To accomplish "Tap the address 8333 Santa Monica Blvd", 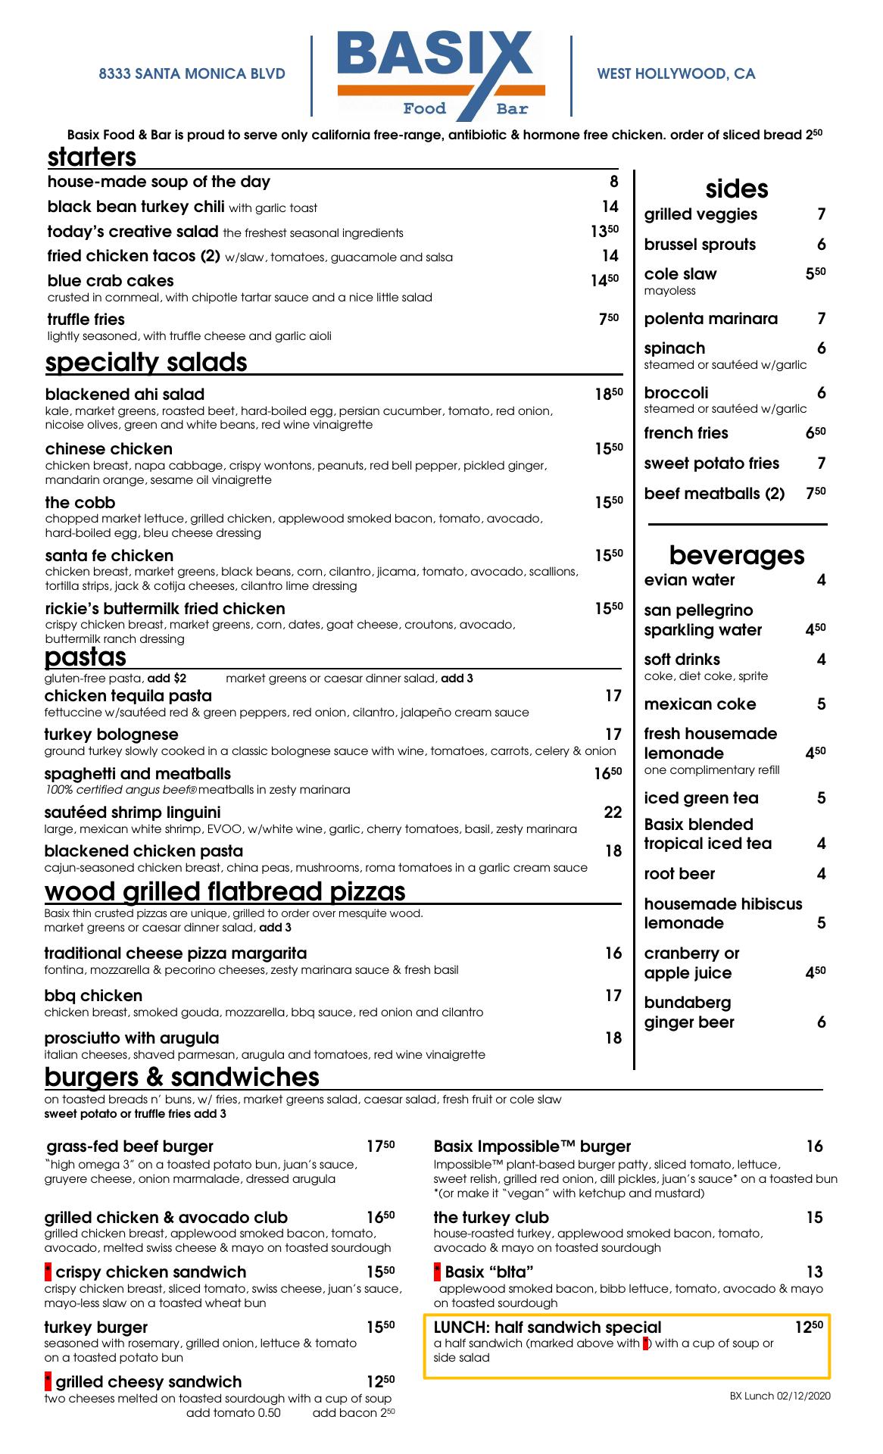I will click(192, 73).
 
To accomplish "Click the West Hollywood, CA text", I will click(676, 73).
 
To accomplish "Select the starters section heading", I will click(92, 157).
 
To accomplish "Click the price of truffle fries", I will click(608, 320).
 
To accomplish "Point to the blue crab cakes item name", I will click(111, 281).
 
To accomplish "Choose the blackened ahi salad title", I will click(125, 395).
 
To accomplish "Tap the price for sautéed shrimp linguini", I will click(613, 813).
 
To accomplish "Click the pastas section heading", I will click(86, 656).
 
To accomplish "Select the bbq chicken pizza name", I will click(93, 996).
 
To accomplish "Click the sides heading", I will click(736, 189).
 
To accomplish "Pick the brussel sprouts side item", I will click(700, 245).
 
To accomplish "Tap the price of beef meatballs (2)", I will click(816, 493).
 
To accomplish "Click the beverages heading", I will click(736, 555).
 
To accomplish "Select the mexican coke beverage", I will click(700, 704).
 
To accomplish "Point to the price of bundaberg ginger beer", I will click(821, 1022).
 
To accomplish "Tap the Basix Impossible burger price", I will click(814, 1147).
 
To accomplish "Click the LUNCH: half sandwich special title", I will click(548, 1327).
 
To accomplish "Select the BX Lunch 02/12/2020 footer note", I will click(780, 1396).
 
